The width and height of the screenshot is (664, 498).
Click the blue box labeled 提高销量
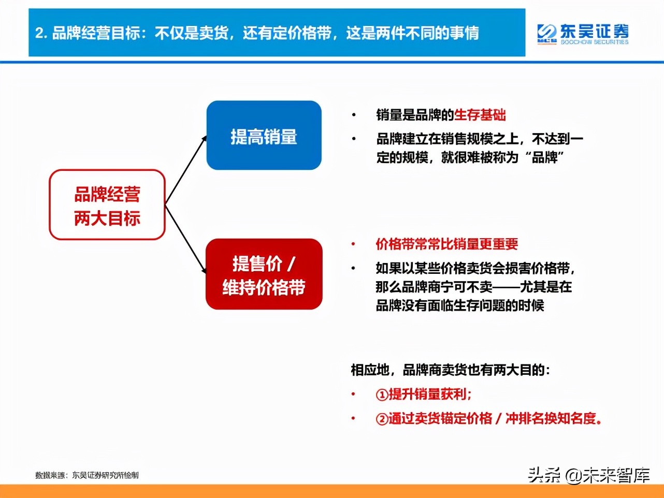tap(264, 136)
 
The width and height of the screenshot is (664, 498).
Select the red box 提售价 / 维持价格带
tap(264, 274)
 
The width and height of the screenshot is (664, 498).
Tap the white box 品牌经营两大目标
tap(107, 205)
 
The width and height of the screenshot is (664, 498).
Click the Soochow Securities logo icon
tap(546, 34)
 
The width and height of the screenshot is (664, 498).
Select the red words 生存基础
tap(480, 115)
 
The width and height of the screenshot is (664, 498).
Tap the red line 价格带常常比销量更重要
tap(446, 244)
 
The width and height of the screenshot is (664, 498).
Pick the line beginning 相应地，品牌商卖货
tap(450, 370)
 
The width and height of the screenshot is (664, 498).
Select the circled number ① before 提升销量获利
tap(382, 395)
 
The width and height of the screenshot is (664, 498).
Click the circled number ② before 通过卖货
tap(382, 419)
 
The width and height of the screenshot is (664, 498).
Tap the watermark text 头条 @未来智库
tap(588, 475)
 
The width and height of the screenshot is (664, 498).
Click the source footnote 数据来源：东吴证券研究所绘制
tap(87, 475)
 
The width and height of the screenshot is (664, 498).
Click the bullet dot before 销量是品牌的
tap(354, 115)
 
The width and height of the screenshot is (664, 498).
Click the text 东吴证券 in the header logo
tap(594, 31)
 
